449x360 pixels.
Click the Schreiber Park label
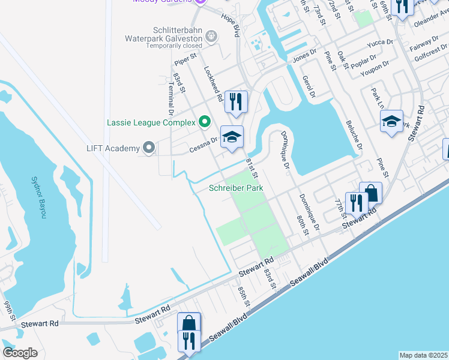(x=236, y=188)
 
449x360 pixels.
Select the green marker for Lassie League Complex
(x=204, y=122)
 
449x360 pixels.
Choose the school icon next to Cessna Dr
(x=232, y=136)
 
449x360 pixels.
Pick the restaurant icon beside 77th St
(x=357, y=203)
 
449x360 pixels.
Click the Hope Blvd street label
(x=231, y=26)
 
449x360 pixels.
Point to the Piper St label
(x=185, y=58)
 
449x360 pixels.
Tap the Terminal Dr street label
(x=170, y=104)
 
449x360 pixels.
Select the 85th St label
(x=243, y=295)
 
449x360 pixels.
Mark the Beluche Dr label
(x=354, y=135)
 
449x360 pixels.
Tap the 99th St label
(x=8, y=314)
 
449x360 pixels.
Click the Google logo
(x=20, y=353)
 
